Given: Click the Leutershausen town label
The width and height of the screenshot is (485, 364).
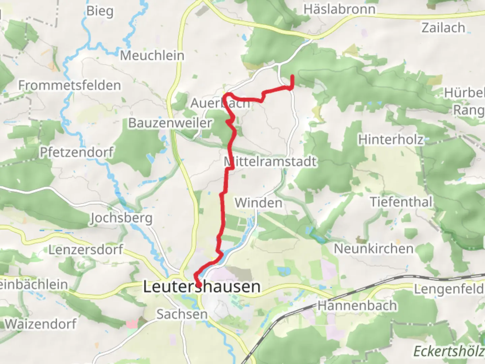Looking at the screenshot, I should (202, 287).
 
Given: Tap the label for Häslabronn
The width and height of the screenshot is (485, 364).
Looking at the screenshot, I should (339, 9).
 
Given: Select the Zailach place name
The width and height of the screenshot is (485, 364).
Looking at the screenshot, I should (443, 28).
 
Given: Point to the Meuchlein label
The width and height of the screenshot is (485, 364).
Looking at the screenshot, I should (152, 56).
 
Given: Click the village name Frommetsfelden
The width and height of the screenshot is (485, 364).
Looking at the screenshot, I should (69, 85).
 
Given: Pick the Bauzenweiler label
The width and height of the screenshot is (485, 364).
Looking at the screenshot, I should (170, 123).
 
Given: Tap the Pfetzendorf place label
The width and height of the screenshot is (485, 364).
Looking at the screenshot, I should (76, 152).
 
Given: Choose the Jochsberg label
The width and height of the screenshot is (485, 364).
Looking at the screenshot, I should (121, 218).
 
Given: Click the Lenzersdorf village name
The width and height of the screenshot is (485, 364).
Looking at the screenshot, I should (86, 250).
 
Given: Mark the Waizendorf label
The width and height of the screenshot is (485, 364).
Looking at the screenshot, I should (41, 324).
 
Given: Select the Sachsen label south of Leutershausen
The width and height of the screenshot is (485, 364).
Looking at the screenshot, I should (182, 314).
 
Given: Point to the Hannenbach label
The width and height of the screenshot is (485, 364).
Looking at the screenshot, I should (357, 306).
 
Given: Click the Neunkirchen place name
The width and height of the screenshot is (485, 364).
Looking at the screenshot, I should (374, 249).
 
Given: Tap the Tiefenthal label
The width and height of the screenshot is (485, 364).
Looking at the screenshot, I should (401, 202).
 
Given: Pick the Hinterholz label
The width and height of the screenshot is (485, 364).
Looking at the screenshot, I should (391, 139).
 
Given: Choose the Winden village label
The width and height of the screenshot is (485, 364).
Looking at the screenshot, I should (259, 203).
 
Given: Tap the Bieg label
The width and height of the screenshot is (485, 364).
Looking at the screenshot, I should (100, 11).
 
